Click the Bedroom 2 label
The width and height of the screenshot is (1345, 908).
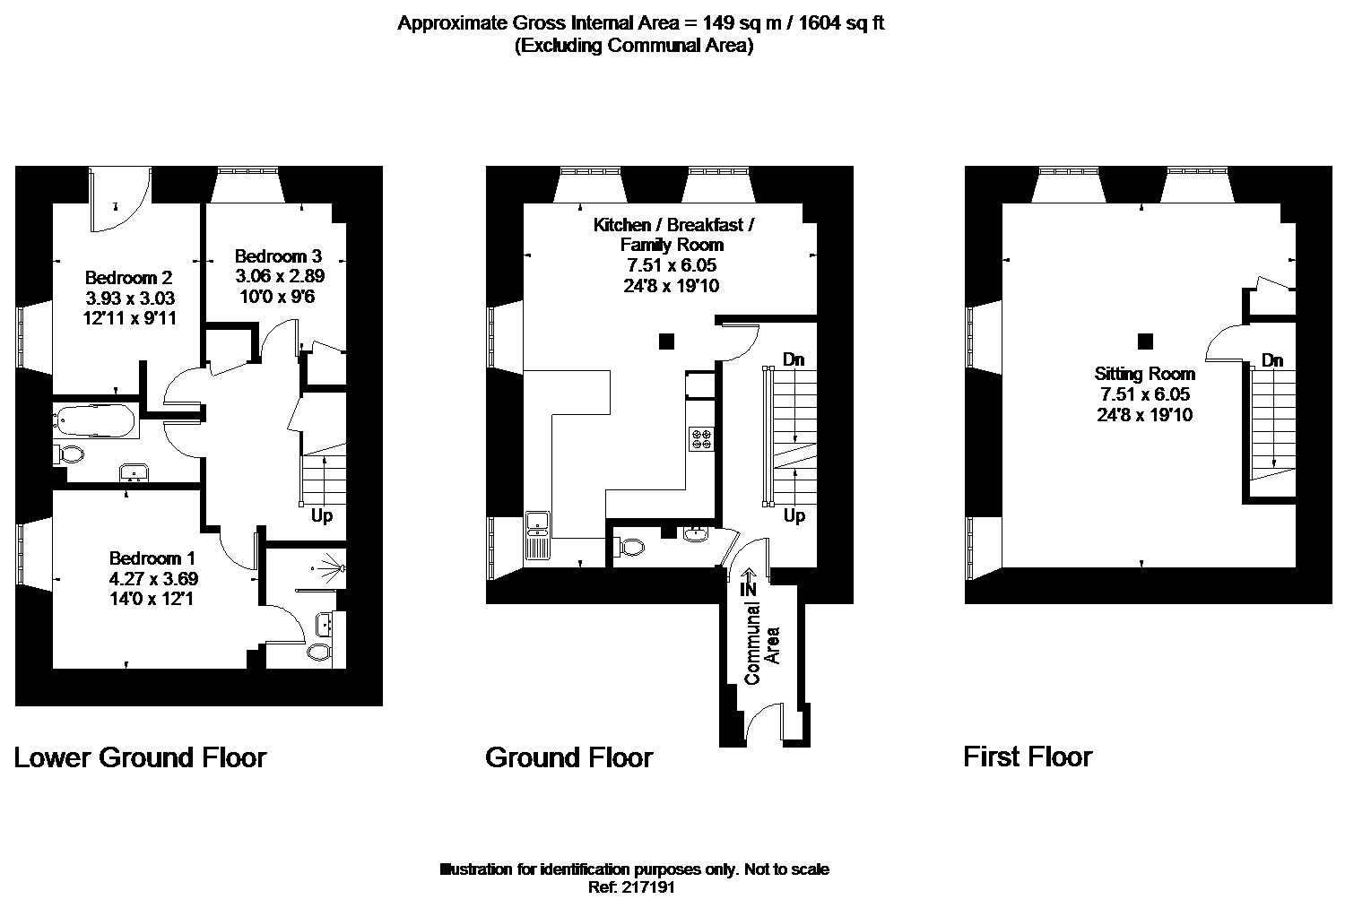tap(128, 278)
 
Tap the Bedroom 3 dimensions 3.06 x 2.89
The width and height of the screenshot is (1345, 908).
tap(280, 276)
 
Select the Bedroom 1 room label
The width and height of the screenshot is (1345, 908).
tap(152, 558)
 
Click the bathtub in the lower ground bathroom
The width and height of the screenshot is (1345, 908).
tap(95, 420)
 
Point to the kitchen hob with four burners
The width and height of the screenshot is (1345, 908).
tap(701, 438)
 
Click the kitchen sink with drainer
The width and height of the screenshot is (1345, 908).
tap(537, 535)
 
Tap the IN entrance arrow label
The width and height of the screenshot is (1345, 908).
tap(748, 583)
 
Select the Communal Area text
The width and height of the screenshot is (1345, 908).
tap(762, 644)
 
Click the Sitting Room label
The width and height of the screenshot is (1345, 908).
tap(1144, 375)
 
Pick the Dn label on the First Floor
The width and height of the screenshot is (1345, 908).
tap(1272, 360)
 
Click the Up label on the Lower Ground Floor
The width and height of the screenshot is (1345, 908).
tap(322, 515)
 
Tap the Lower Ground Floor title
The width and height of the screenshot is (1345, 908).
tap(140, 757)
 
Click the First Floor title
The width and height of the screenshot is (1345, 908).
tap(1028, 757)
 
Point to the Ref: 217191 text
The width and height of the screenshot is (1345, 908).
tap(631, 887)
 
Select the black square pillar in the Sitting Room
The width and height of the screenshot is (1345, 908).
tap(1145, 342)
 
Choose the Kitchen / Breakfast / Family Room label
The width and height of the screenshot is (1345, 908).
tap(672, 235)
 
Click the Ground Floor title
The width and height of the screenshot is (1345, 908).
tap(568, 757)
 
